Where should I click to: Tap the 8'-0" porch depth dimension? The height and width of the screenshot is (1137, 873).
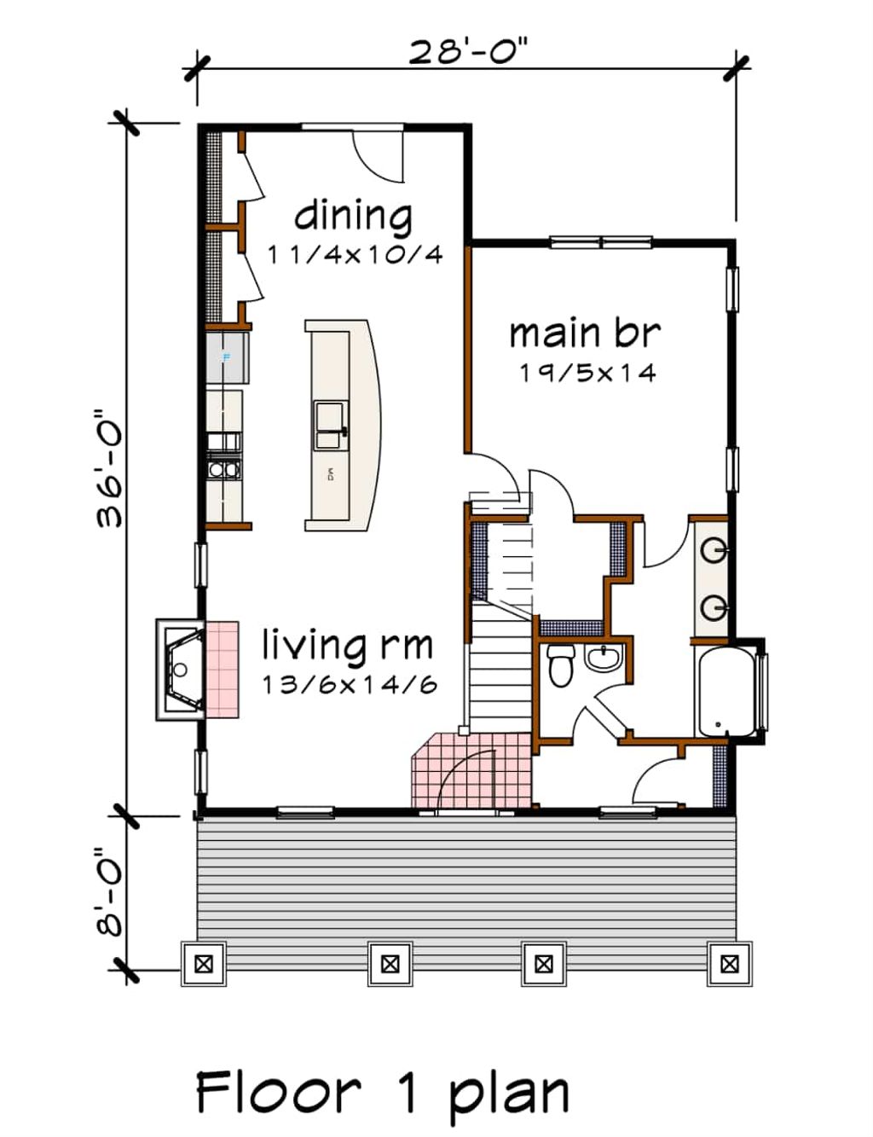pos(110,891)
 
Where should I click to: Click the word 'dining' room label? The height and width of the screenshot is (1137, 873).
pos(353,215)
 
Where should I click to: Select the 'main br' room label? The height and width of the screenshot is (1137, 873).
pos(585,333)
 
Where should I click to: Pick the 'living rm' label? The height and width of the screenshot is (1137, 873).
pos(347,645)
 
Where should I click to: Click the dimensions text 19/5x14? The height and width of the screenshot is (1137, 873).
pos(587,373)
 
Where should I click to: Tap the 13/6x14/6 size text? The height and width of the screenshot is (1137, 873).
pos(350,684)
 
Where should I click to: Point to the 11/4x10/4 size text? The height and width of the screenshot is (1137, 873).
pos(355,254)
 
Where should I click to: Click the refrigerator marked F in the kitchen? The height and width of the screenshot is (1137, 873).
pos(227,357)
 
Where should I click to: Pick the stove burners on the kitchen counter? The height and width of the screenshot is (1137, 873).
pos(224,468)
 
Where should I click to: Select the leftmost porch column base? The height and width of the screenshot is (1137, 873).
pos(203,964)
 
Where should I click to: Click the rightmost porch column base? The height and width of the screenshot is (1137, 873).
pos(729,964)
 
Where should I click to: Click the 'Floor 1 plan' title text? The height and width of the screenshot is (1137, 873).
pos(382,1093)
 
